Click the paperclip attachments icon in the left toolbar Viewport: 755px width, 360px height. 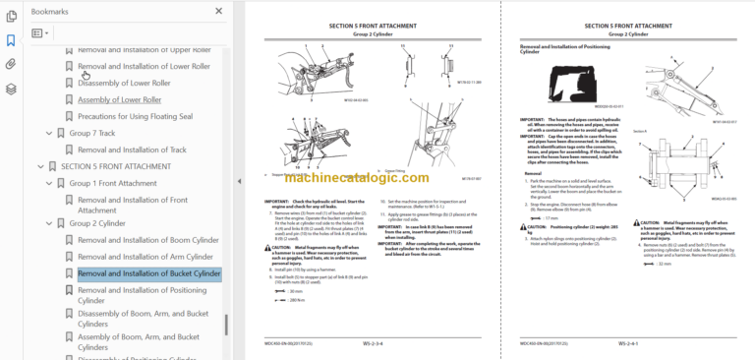[x=11, y=64]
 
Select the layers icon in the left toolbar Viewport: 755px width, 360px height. [x=11, y=89]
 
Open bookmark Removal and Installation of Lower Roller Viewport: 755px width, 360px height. [x=144, y=67]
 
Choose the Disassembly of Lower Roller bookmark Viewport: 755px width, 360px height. [x=124, y=84]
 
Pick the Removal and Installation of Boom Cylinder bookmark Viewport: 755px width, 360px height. [x=147, y=240]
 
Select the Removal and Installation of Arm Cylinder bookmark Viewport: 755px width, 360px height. [x=144, y=257]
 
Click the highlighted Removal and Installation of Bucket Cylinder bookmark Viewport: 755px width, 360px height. [x=149, y=273]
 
